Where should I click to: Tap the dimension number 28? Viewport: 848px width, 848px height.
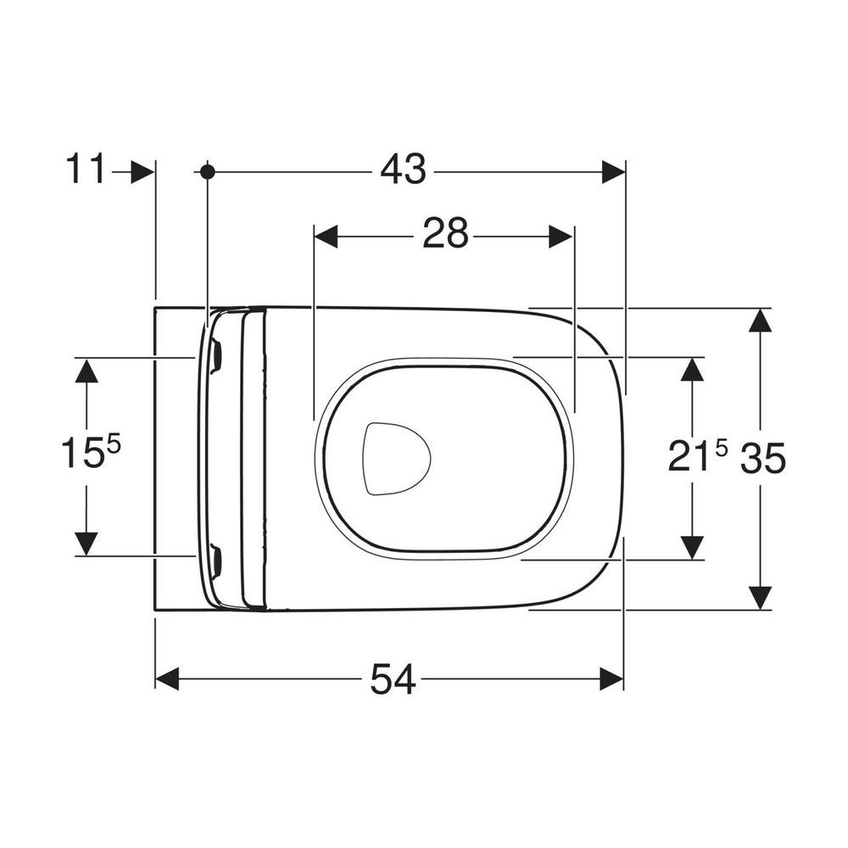[x=445, y=234]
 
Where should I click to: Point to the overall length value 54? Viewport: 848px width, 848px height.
[x=393, y=679]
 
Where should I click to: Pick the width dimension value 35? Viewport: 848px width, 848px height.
[x=762, y=458]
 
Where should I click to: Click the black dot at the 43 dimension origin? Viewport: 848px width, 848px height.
[x=207, y=172]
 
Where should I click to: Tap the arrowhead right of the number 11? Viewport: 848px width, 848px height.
[x=142, y=172]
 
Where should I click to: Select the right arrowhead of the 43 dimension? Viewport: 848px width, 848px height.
[x=614, y=172]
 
